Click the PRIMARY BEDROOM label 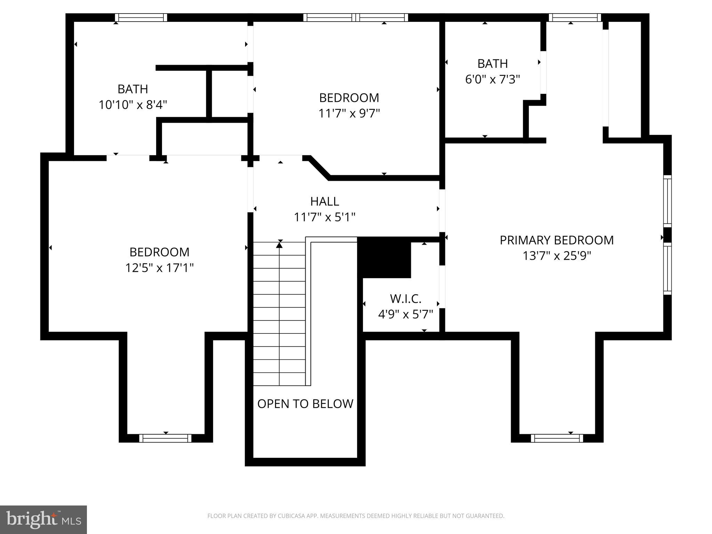tap(557, 240)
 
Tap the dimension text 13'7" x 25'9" tap(557, 256)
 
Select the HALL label tap(324, 201)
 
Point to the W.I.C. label tap(405, 299)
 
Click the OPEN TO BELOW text tap(305, 404)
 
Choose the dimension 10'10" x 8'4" tap(133, 105)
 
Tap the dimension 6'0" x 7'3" tap(492, 80)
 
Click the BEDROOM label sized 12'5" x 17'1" tap(159, 252)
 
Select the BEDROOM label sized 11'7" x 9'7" tap(349, 98)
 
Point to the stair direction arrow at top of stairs tap(279, 245)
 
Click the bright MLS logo tap(43, 519)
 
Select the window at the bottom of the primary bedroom tap(557, 438)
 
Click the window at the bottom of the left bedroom tap(165, 438)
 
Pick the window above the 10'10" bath tap(141, 17)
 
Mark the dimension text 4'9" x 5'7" tap(405, 315)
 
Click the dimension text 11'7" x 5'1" tap(324, 217)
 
